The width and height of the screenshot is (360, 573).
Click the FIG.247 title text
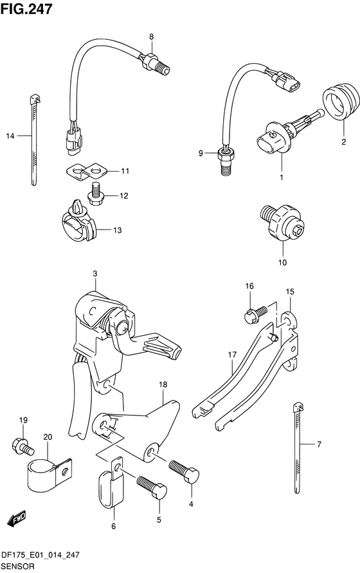tap(26, 9)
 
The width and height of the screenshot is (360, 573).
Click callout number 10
tap(282, 262)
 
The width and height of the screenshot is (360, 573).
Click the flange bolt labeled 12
tap(94, 194)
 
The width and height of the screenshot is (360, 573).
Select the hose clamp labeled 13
tap(78, 224)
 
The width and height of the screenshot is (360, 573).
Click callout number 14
tap(10, 136)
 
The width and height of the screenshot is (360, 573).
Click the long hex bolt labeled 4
tap(184, 472)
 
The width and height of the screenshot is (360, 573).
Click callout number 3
tap(94, 274)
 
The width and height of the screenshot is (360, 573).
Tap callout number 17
tap(232, 354)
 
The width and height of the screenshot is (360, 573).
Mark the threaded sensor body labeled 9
tap(224, 161)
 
